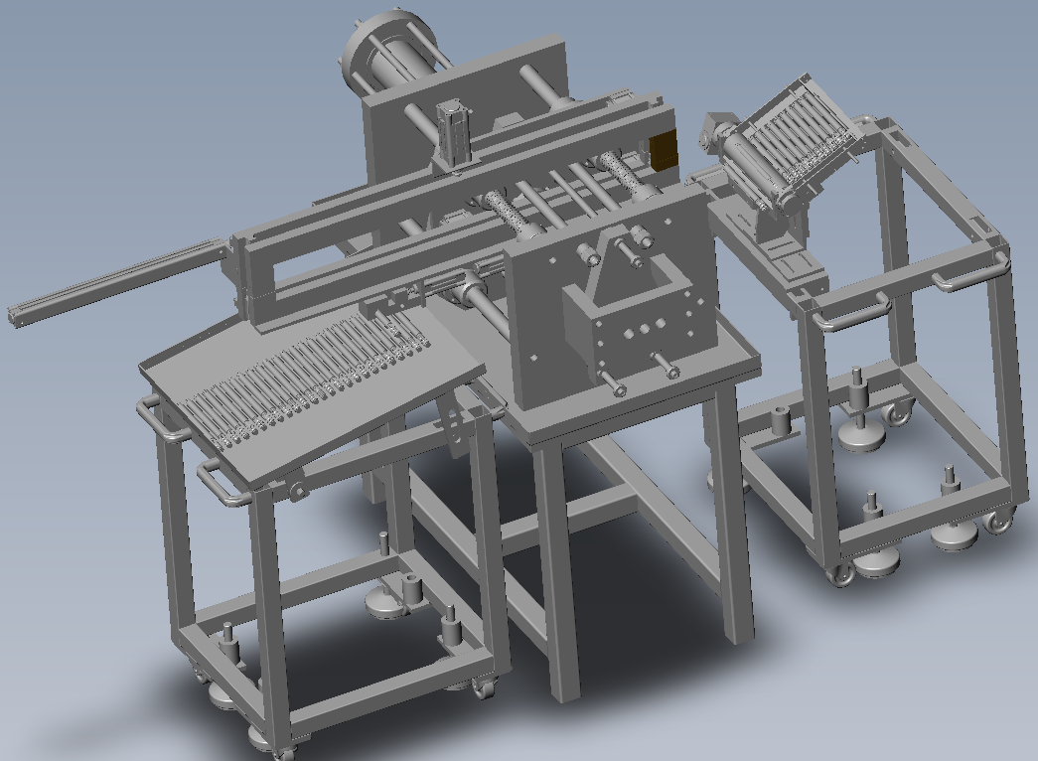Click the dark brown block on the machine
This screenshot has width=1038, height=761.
(x=664, y=150)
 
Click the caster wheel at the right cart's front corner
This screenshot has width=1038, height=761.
(x=841, y=574)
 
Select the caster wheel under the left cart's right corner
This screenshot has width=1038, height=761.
(x=484, y=686)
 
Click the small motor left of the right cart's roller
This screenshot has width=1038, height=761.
(x=714, y=133)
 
